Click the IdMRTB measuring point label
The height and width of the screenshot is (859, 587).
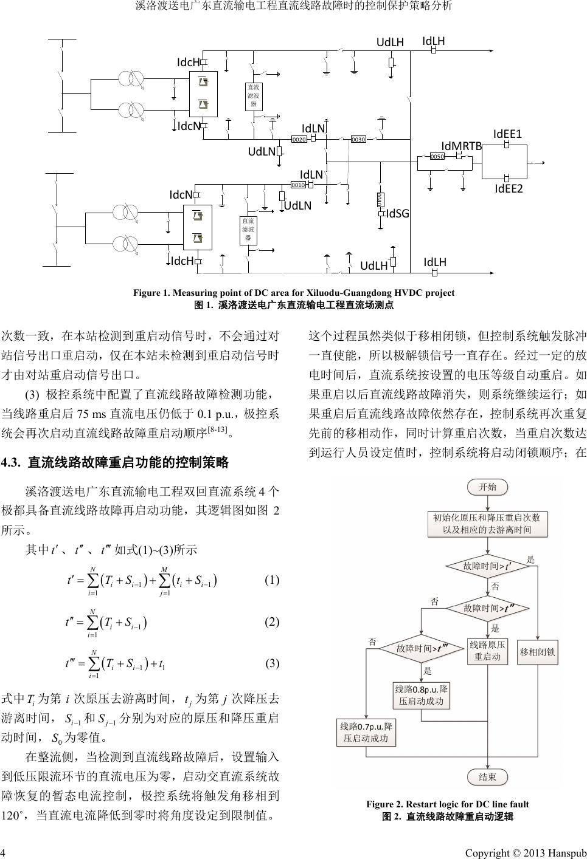pos(461,146)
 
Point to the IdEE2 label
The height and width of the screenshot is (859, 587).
pos(508,189)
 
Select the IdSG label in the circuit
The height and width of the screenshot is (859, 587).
pos(397,213)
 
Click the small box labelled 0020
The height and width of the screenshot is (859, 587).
pos(299,140)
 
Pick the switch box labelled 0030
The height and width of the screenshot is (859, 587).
pos(358,140)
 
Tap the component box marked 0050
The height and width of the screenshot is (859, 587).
pos(437,157)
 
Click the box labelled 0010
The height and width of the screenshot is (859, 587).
pos(298,185)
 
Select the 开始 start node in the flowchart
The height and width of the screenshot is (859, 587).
pos(488,487)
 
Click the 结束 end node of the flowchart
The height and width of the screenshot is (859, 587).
pos(488,777)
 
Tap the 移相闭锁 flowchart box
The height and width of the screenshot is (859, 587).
pos(537,652)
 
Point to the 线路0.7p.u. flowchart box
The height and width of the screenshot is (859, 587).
pos(366,733)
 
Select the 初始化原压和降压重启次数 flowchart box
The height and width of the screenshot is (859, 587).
pos(487,524)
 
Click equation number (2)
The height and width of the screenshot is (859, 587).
pos(272,622)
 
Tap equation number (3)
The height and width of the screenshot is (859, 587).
pos(272,663)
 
